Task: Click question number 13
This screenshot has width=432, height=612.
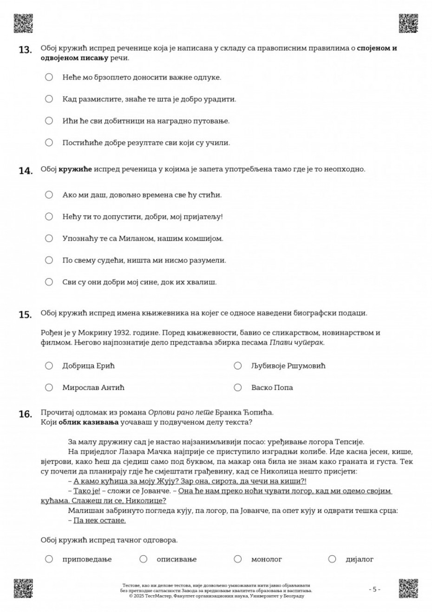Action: pyautogui.click(x=25, y=50)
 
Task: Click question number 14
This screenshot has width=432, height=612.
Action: pyautogui.click(x=25, y=171)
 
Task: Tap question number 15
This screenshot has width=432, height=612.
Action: pyautogui.click(x=25, y=315)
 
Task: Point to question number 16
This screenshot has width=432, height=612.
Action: pyautogui.click(x=25, y=414)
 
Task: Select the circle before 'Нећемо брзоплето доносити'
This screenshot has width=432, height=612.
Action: pyautogui.click(x=49, y=77)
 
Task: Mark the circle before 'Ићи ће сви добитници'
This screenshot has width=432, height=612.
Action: pyautogui.click(x=49, y=121)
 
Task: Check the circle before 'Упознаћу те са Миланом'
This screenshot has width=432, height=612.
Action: pyautogui.click(x=49, y=238)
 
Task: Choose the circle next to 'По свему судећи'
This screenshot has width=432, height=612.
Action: pyautogui.click(x=49, y=260)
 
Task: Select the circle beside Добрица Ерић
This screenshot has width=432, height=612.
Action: pyautogui.click(x=49, y=366)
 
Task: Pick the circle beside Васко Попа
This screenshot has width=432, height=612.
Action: pyautogui.click(x=238, y=387)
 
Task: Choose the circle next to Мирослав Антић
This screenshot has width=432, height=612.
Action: pyautogui.click(x=49, y=387)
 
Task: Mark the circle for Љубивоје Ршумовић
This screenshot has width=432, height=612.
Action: pyautogui.click(x=238, y=366)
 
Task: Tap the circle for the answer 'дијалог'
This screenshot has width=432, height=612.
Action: pyautogui.click(x=332, y=559)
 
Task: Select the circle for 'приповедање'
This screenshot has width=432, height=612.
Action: pyautogui.click(x=49, y=559)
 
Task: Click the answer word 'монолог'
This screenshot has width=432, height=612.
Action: pyautogui.click(x=266, y=559)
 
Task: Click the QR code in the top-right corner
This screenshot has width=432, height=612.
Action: pyautogui.click(x=408, y=24)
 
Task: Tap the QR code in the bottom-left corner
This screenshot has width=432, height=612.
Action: pyautogui.click(x=23, y=588)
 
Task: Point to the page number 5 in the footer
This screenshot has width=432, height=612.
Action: pyautogui.click(x=374, y=589)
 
